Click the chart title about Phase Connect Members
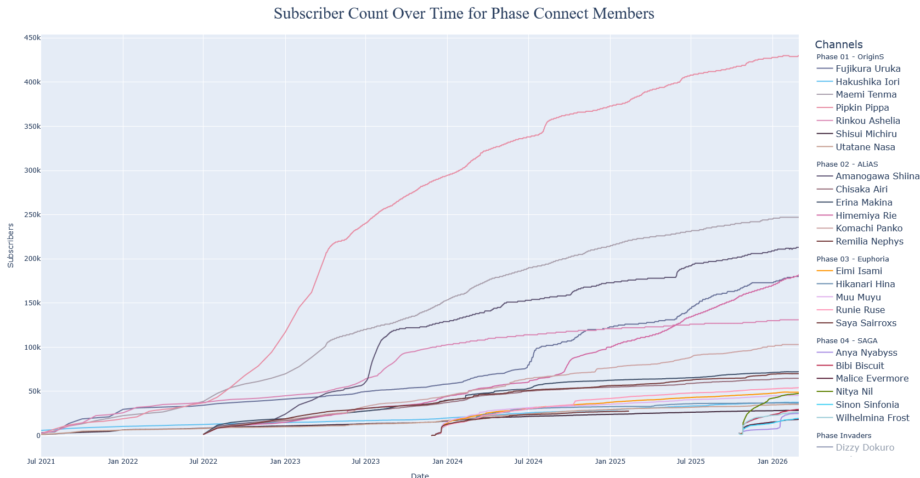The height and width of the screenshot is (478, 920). coord(464,14)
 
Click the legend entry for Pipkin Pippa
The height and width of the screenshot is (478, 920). coord(862,108)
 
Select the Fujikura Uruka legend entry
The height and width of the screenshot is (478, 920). coord(868,69)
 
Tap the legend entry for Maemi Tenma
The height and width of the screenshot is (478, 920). coord(866,95)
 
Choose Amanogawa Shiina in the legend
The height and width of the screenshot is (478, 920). coord(877,177)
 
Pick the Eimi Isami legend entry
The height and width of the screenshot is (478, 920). coord(859,271)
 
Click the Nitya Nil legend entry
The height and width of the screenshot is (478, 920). coord(854,392)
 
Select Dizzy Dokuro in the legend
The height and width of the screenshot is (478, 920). coord(865,448)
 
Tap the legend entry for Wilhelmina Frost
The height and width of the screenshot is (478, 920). coord(872,418)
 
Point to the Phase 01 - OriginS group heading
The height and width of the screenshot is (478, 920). coord(850,57)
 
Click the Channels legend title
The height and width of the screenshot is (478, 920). coord(838,45)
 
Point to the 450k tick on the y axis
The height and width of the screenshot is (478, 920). coord(32,38)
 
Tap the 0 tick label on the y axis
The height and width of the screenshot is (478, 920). coord(38,436)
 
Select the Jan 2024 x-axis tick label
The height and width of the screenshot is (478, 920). coord(447,462)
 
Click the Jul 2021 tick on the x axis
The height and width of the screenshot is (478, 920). coord(41,462)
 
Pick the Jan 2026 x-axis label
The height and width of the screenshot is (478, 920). coord(772,462)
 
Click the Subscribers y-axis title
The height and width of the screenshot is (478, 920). coord(11,246)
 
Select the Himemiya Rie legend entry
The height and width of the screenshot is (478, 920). coord(866,216)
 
